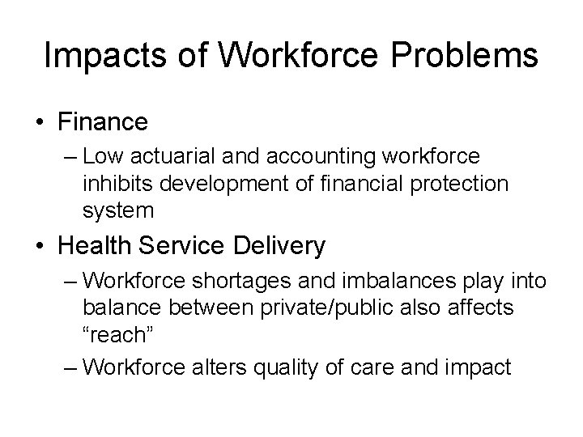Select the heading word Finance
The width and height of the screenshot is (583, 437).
point(103,122)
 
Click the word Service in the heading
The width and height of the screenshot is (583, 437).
point(182,245)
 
